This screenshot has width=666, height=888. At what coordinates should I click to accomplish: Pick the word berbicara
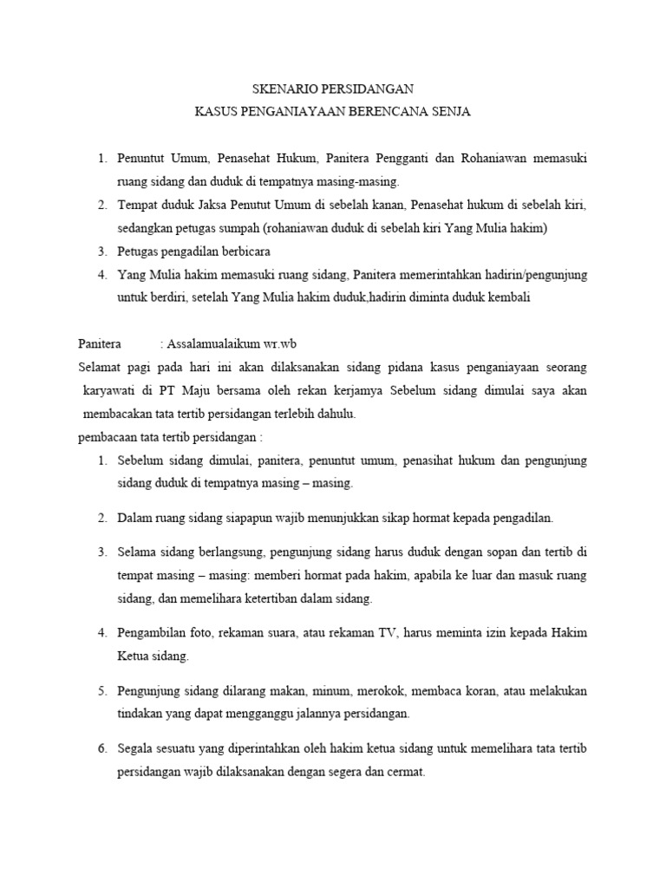click(x=245, y=251)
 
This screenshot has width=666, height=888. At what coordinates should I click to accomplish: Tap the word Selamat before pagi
click(x=101, y=368)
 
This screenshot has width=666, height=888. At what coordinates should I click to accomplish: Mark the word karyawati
click(x=108, y=390)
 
